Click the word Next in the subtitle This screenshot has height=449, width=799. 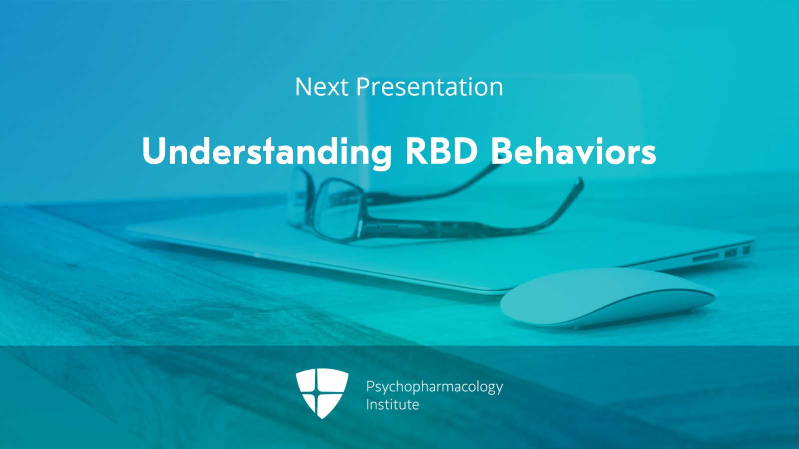(322, 87)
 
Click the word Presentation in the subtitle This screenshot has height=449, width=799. (429, 87)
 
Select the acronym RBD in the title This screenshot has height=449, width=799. (442, 151)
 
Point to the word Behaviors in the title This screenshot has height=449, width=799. (574, 151)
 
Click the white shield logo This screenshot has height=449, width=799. (322, 393)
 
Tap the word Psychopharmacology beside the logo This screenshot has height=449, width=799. (434, 387)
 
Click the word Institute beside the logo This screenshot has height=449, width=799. (393, 405)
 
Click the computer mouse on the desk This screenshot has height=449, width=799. (608, 297)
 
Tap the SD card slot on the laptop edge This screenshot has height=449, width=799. (706, 256)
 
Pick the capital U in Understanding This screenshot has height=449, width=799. (154, 151)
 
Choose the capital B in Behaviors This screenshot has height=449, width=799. (502, 151)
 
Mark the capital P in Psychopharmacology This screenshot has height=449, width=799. (371, 387)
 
